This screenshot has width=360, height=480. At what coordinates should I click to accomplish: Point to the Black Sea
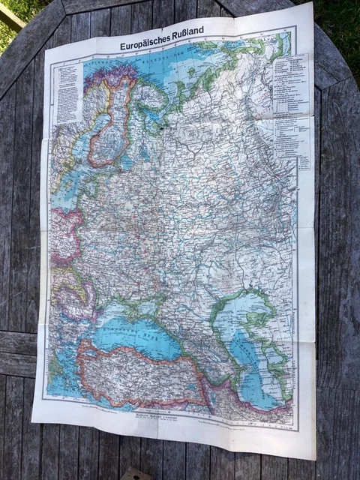(135, 334)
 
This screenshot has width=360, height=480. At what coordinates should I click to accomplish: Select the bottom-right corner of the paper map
(314, 457)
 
